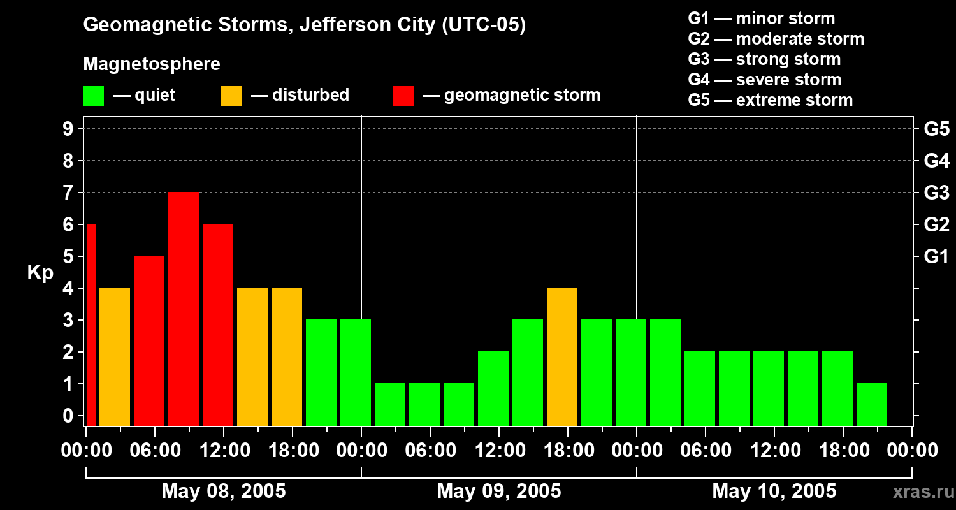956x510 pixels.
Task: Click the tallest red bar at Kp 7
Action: pos(184,309)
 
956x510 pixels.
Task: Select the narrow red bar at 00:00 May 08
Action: pos(91,324)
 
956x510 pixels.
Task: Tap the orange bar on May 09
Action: pos(562,357)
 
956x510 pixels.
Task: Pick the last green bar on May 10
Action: pos(872,405)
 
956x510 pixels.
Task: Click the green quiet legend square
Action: pos(94,96)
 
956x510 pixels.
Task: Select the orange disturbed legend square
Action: pos(231,96)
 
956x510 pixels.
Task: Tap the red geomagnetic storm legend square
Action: pos(403,96)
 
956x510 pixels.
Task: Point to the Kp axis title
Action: pos(41,273)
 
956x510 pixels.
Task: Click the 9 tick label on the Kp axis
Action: pos(68,129)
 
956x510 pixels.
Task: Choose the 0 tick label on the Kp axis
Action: pos(68,416)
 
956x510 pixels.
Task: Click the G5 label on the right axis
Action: pos(937,129)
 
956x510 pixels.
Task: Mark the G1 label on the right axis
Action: pos(936,256)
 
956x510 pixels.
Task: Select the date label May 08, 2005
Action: pos(224,491)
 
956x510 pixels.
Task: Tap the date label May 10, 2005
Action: pos(774,491)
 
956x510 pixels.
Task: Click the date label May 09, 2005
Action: pos(499,491)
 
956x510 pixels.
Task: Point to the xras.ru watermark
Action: pos(923,492)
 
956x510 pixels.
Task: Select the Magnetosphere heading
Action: pos(152,64)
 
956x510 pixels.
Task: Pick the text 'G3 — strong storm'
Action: pos(764,59)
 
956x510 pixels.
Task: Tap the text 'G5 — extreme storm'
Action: pos(771,100)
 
